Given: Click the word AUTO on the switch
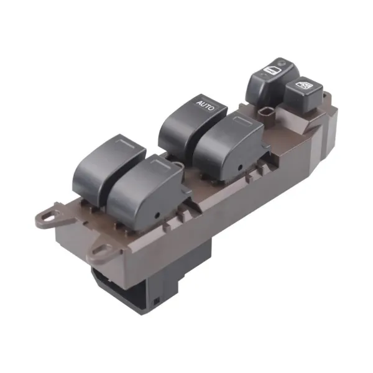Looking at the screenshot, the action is coord(206,106).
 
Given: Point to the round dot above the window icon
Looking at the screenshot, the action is coord(282,63).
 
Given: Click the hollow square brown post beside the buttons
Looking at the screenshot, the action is coord(266,114).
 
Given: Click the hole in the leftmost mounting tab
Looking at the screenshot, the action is coord(48,217).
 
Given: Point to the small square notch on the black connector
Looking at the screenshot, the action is coord(156,302).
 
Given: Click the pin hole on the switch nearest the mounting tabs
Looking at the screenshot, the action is coord(157,216).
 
